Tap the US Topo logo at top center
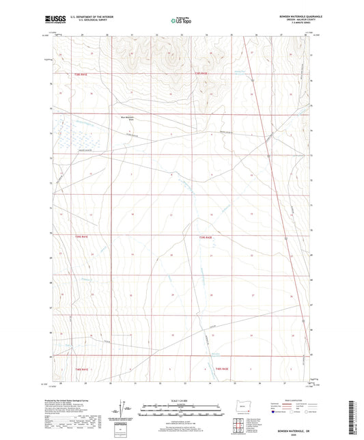pyautogui.click(x=180, y=20)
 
